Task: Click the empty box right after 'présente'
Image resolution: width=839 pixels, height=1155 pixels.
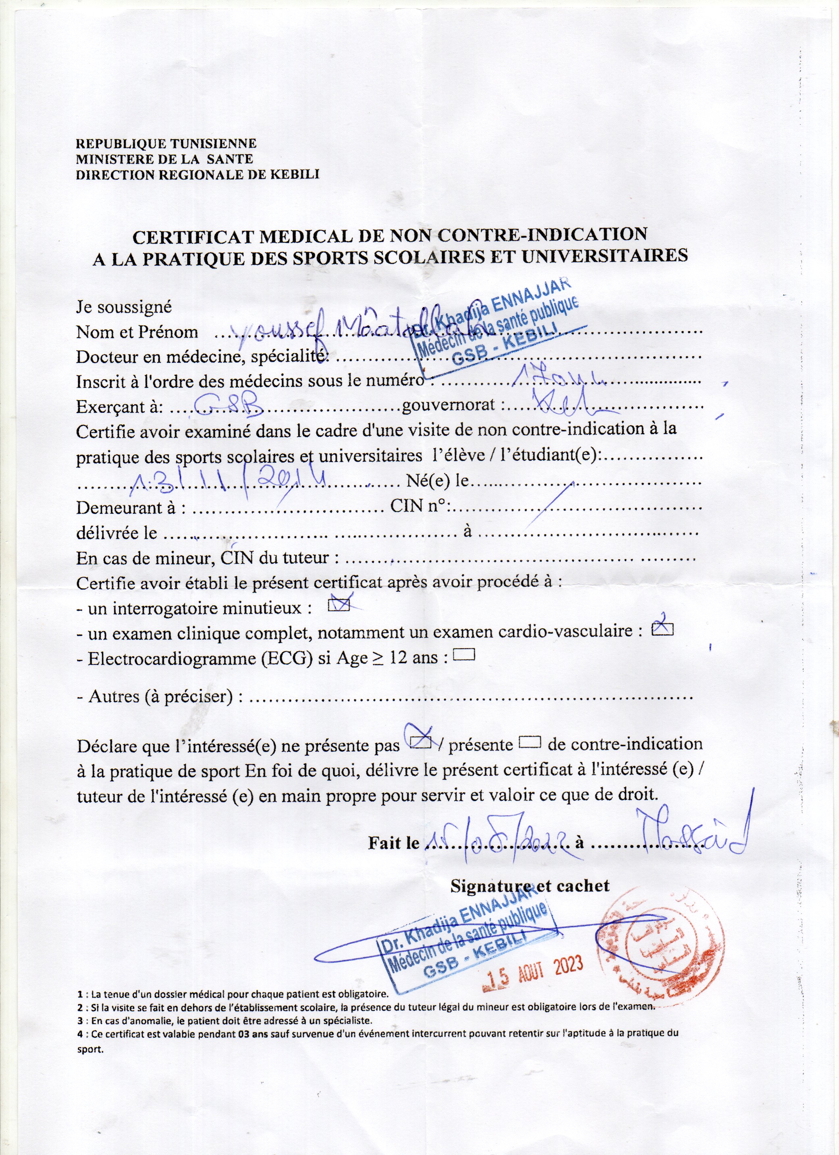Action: tap(530, 743)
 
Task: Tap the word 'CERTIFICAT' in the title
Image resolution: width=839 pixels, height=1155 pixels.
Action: tap(194, 236)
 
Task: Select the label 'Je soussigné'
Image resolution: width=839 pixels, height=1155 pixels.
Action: tap(124, 307)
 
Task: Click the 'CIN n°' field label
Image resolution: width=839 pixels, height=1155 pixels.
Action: tap(417, 506)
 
